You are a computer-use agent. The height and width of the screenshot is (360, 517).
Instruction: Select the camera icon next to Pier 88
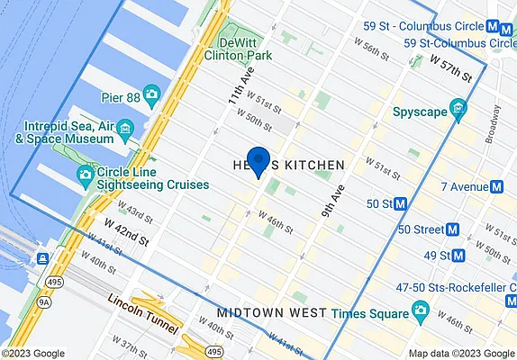tap(151, 94)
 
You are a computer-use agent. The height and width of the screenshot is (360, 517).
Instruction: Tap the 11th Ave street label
tap(238, 100)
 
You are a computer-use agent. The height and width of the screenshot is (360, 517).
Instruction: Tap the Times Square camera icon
tap(419, 312)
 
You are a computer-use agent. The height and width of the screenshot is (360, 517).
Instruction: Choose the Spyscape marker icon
tap(459, 112)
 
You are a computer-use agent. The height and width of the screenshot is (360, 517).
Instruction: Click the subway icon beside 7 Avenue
tap(495, 187)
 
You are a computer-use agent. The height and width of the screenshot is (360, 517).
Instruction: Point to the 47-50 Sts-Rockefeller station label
tap(454, 287)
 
